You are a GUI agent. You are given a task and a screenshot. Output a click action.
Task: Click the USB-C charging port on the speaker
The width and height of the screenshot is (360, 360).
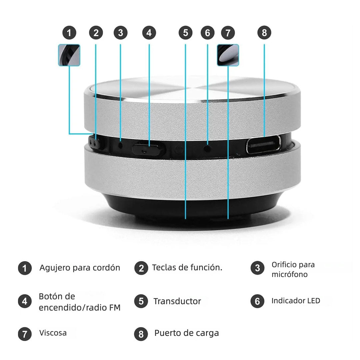click(x=263, y=145)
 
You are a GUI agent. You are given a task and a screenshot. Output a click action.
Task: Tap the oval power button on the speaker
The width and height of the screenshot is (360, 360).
click(x=149, y=148)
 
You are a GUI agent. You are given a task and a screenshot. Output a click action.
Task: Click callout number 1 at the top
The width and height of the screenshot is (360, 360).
click(x=69, y=33)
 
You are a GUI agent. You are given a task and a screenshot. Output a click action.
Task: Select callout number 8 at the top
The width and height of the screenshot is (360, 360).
click(x=264, y=33)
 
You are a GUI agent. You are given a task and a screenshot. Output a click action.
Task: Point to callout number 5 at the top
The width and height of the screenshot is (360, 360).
click(x=185, y=33)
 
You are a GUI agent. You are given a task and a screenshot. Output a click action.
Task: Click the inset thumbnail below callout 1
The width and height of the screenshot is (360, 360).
click(x=69, y=55)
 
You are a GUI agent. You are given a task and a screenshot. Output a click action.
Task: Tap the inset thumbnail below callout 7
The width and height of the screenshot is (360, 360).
click(x=228, y=55)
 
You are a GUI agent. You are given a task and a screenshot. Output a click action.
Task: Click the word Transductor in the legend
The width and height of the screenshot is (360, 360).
click(x=177, y=301)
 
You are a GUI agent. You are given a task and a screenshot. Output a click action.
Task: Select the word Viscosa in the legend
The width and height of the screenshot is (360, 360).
click(x=53, y=333)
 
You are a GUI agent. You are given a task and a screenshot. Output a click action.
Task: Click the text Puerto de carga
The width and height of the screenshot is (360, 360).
click(x=186, y=333)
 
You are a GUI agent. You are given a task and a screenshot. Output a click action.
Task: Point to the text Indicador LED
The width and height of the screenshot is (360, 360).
click(x=296, y=301)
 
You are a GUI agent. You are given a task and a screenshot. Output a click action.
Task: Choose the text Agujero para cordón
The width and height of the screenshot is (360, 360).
click(x=80, y=268)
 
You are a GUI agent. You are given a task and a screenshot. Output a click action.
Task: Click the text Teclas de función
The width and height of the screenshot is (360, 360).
click(x=187, y=267)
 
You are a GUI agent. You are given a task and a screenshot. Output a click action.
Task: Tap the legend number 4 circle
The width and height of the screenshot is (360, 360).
click(x=25, y=301)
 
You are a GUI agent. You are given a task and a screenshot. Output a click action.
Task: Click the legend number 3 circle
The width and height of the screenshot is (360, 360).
click(x=257, y=268)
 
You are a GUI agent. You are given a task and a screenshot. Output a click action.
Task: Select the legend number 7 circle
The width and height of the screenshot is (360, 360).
click(x=25, y=334)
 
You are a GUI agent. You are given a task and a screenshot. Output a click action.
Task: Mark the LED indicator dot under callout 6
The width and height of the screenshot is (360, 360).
click(x=208, y=147)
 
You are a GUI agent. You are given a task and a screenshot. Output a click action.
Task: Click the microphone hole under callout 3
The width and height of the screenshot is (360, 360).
click(x=120, y=146)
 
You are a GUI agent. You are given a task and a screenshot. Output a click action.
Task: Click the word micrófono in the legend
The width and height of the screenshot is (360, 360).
click(x=289, y=275)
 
